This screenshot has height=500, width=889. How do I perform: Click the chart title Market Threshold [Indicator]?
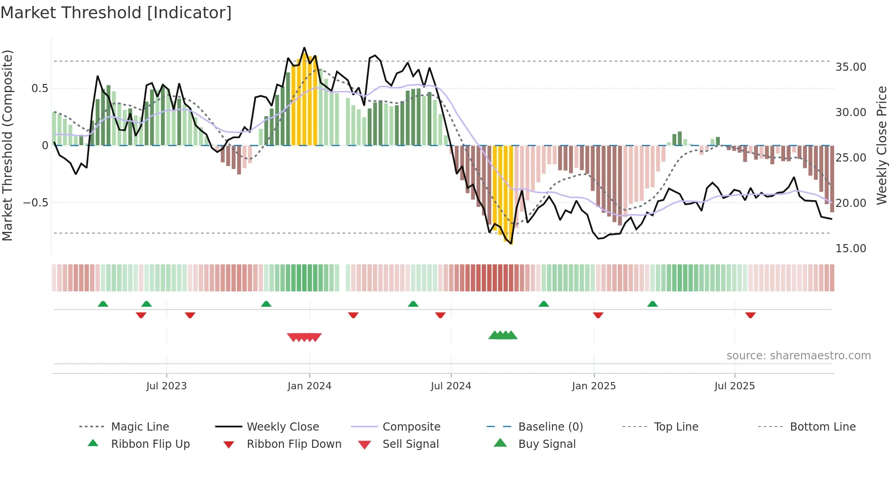tap(116, 13)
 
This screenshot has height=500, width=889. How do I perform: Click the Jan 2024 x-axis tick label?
tap(309, 386)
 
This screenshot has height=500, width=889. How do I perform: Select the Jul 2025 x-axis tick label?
tap(734, 386)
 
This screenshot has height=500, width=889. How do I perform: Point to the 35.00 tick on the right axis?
tap(850, 67)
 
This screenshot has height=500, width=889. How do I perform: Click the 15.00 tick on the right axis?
tap(850, 249)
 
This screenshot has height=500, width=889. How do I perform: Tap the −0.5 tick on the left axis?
tap(36, 203)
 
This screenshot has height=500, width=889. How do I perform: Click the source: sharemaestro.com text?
tap(798, 356)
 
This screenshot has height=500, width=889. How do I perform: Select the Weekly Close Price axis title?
tap(881, 145)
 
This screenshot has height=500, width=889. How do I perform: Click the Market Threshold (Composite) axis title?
tap(7, 145)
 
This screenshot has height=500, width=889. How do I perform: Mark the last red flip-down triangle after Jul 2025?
tap(750, 315)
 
